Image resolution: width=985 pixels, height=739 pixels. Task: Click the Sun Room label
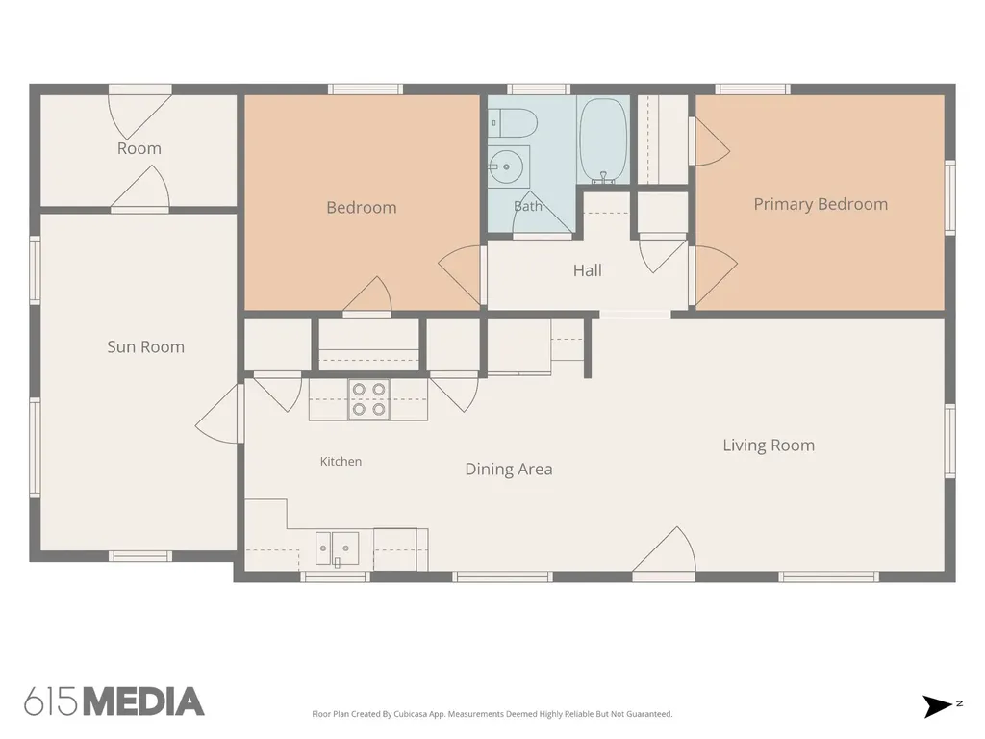click(146, 346)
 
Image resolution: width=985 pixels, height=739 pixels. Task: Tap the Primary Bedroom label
click(821, 204)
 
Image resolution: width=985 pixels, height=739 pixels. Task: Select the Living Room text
click(769, 446)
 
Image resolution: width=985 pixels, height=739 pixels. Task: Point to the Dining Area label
click(509, 470)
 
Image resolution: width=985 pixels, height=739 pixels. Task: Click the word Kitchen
click(341, 461)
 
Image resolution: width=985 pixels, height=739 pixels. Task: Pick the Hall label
click(588, 270)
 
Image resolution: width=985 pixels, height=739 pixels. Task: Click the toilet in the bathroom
click(513, 123)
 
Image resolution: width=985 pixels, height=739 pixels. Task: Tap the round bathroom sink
click(506, 167)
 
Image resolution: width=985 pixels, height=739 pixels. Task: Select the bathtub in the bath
click(603, 140)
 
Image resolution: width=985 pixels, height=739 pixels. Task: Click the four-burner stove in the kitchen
click(368, 399)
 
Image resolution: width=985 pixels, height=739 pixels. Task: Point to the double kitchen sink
click(337, 549)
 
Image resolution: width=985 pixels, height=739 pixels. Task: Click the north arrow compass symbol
click(939, 706)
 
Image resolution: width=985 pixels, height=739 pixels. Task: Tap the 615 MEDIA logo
click(114, 701)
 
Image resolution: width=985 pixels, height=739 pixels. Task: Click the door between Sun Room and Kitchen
click(218, 414)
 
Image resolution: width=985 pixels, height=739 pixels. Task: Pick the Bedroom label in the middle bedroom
click(362, 208)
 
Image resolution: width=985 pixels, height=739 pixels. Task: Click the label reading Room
click(139, 149)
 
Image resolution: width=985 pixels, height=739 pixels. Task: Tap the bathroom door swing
click(543, 214)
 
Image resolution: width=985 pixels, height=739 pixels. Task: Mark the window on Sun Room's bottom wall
click(140, 556)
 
